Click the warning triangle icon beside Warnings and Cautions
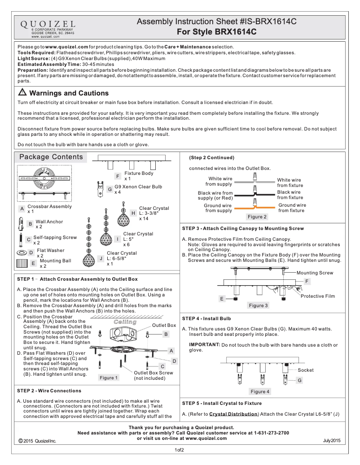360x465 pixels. [22, 93]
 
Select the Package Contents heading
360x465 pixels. [51, 157]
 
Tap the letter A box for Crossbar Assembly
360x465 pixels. [22, 209]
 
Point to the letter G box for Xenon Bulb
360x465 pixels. [110, 189]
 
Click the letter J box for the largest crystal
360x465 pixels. [101, 258]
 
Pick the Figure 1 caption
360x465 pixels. [108, 378]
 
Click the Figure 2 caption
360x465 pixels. [257, 217]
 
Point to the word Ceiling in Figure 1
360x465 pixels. [125, 322]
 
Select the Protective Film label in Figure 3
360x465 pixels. [317, 296]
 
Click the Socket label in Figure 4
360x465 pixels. [306, 370]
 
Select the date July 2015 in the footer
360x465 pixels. [332, 441]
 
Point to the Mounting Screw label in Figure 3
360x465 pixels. [315, 273]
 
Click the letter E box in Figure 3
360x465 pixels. [222, 298]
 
